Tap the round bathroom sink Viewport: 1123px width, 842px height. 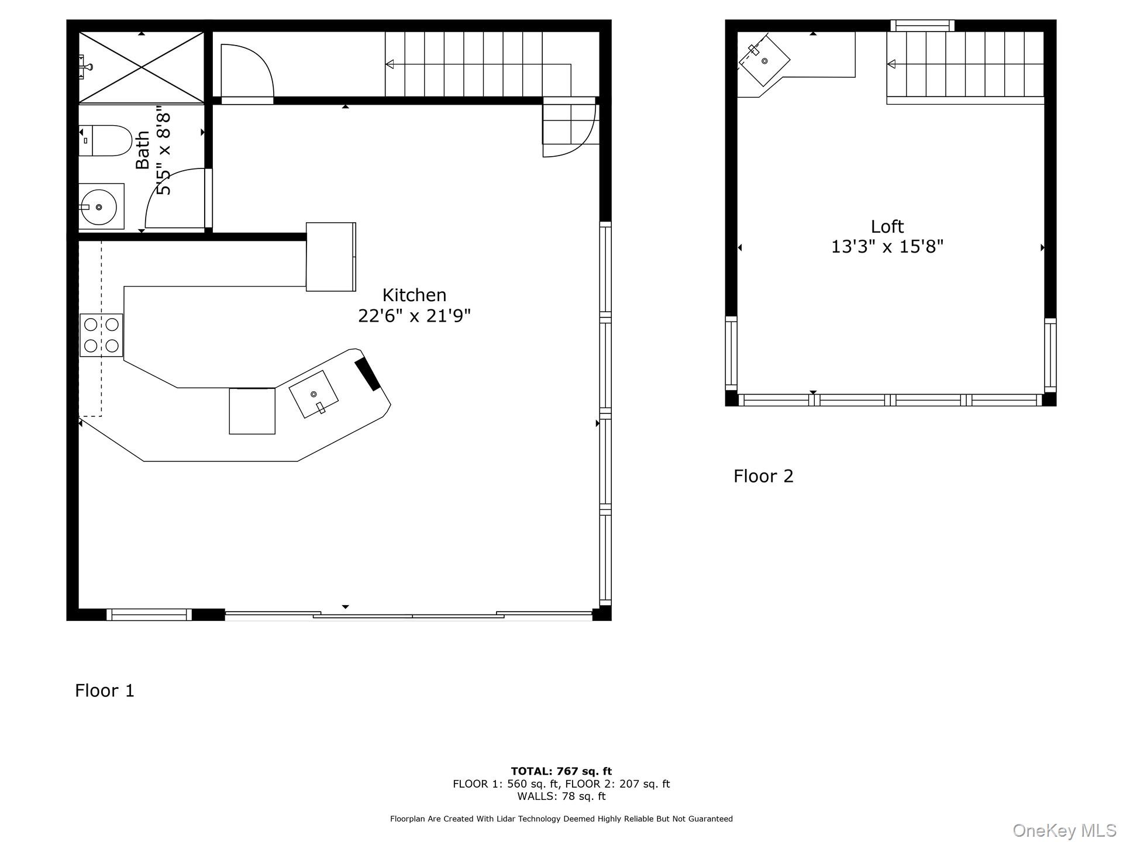point(98,207)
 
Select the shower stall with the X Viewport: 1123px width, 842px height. point(142,68)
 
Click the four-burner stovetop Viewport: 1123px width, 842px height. point(101,335)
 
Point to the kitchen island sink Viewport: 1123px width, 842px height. point(314,395)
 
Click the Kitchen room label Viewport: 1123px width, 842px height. point(414,295)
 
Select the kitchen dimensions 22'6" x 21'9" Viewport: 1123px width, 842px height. point(414,316)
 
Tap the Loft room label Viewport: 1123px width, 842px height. point(887,226)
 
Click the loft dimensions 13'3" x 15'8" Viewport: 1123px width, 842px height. point(887,247)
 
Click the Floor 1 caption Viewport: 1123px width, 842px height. point(105,691)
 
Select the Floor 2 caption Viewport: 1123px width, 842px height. point(763,476)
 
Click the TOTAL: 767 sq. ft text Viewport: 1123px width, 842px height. point(561,771)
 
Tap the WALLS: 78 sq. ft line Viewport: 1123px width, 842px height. point(561,796)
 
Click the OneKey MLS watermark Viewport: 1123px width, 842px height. point(1064,830)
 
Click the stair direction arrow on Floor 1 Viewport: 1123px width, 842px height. point(390,64)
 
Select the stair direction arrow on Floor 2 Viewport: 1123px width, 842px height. point(891,64)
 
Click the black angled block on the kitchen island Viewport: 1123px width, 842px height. point(368,374)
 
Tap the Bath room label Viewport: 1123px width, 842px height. point(143,150)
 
